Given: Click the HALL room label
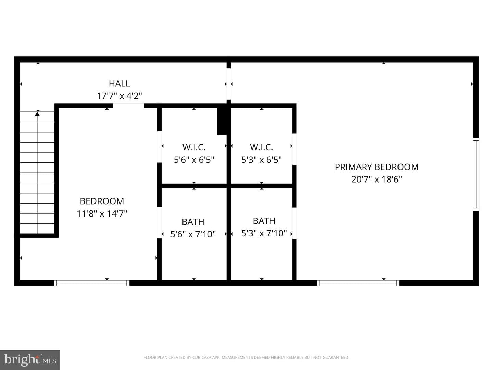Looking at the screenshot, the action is pos(119,83).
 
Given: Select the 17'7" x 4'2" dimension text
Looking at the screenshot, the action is pos(119,96).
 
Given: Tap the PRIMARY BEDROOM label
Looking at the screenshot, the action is pos(377,167).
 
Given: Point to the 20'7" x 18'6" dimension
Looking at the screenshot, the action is pos(377,179).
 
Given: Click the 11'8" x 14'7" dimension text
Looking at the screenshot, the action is pos(102,213).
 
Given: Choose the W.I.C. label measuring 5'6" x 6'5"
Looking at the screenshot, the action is pos(194,147).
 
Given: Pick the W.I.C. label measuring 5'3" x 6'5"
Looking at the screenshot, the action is pos(262,147).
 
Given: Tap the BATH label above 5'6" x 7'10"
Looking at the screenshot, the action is pos(193,222).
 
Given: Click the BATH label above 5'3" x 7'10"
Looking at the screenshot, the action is pos(264,221).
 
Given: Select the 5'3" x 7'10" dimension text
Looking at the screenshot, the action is pos(264,233).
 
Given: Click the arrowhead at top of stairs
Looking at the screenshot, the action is pos(37,114).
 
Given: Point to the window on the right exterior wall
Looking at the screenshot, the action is pos(476,174).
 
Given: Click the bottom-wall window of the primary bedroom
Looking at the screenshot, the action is pos(358,283).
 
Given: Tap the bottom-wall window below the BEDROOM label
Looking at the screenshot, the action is pos(92,283).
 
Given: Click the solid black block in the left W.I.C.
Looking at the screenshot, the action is pos(222,121).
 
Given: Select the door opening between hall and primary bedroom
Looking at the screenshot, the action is pos(229,84).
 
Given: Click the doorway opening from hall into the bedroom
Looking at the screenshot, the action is pos(128,106).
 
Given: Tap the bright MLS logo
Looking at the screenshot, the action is pos(30,360).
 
